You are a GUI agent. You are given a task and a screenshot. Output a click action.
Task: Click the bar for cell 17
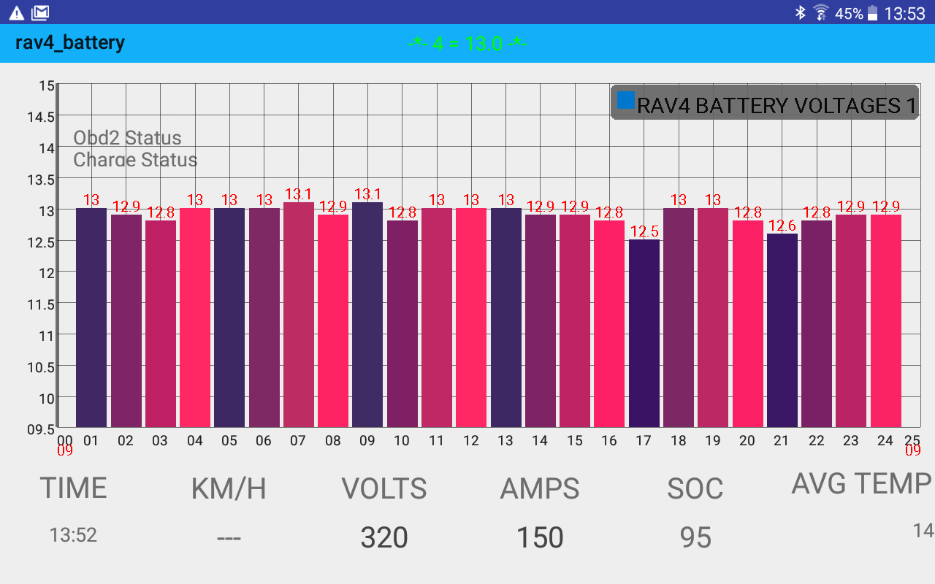tap(644, 333)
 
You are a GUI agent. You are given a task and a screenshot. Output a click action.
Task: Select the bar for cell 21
tap(782, 330)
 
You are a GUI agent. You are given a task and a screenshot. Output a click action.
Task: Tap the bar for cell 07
tap(299, 315)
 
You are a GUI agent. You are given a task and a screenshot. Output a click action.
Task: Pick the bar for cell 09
tap(367, 315)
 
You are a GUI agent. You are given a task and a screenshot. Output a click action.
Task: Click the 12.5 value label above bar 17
tap(644, 232)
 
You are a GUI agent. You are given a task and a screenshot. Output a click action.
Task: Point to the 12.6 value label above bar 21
tap(782, 226)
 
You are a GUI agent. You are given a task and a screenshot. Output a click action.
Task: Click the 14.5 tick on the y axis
tap(41, 117)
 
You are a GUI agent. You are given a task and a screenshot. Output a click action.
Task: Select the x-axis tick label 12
tap(471, 441)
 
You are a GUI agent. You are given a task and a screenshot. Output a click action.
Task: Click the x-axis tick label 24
tap(885, 441)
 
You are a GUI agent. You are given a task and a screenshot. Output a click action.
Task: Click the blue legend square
tap(626, 101)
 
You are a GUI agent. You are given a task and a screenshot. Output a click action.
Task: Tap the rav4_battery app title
tap(70, 42)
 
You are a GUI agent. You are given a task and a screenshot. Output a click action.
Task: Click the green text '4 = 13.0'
tap(467, 44)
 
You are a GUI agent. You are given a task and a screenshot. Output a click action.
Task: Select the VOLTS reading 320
tap(384, 538)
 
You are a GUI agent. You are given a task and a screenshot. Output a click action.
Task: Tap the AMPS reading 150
tap(540, 538)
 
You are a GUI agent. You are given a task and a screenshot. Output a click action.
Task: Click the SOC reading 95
tap(695, 538)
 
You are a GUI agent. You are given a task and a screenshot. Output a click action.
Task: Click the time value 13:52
tap(73, 535)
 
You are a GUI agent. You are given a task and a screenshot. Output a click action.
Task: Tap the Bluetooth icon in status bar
tap(800, 12)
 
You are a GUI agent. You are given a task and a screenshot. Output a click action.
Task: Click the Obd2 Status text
tap(128, 138)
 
